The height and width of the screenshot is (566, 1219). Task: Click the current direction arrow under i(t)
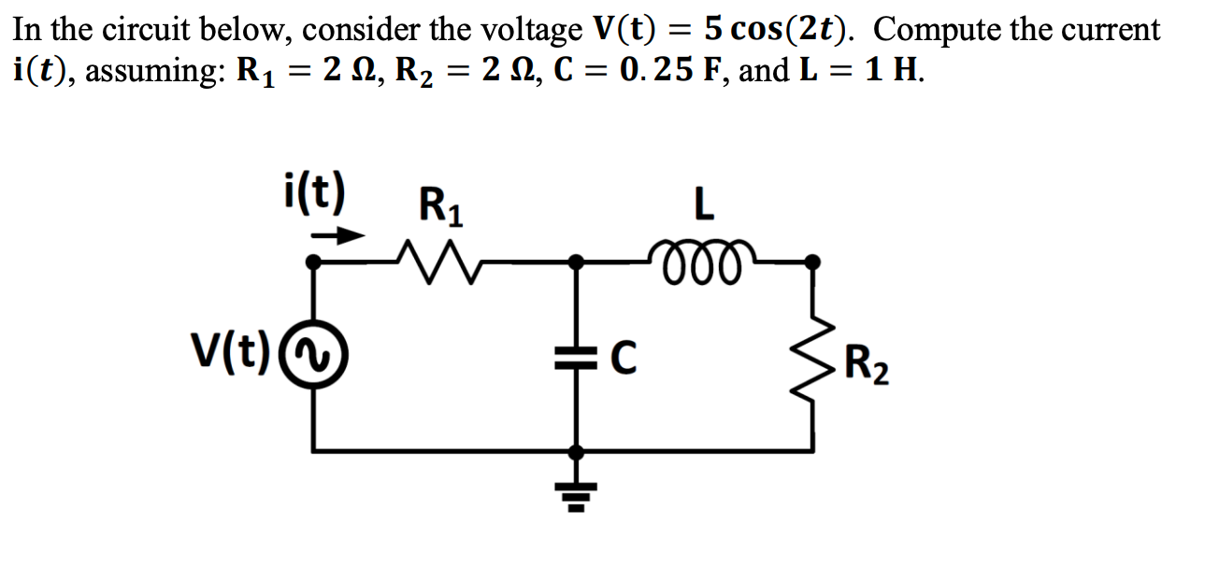[x=336, y=236]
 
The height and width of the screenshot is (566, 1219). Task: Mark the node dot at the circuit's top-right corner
[x=813, y=263]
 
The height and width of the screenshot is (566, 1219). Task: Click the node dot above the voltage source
[x=312, y=264]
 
